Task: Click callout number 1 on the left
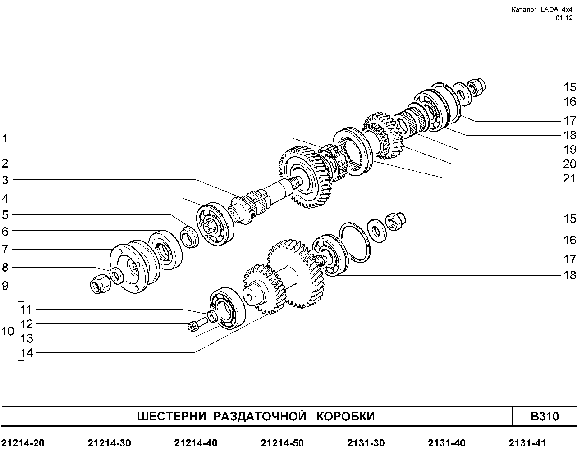coord(5,139)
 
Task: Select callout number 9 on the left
coord(5,286)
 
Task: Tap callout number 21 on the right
coord(569,178)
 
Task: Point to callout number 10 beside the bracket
coord(8,332)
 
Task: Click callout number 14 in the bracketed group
coord(27,353)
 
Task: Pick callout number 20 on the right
coord(569,164)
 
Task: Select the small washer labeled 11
coord(213,317)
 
